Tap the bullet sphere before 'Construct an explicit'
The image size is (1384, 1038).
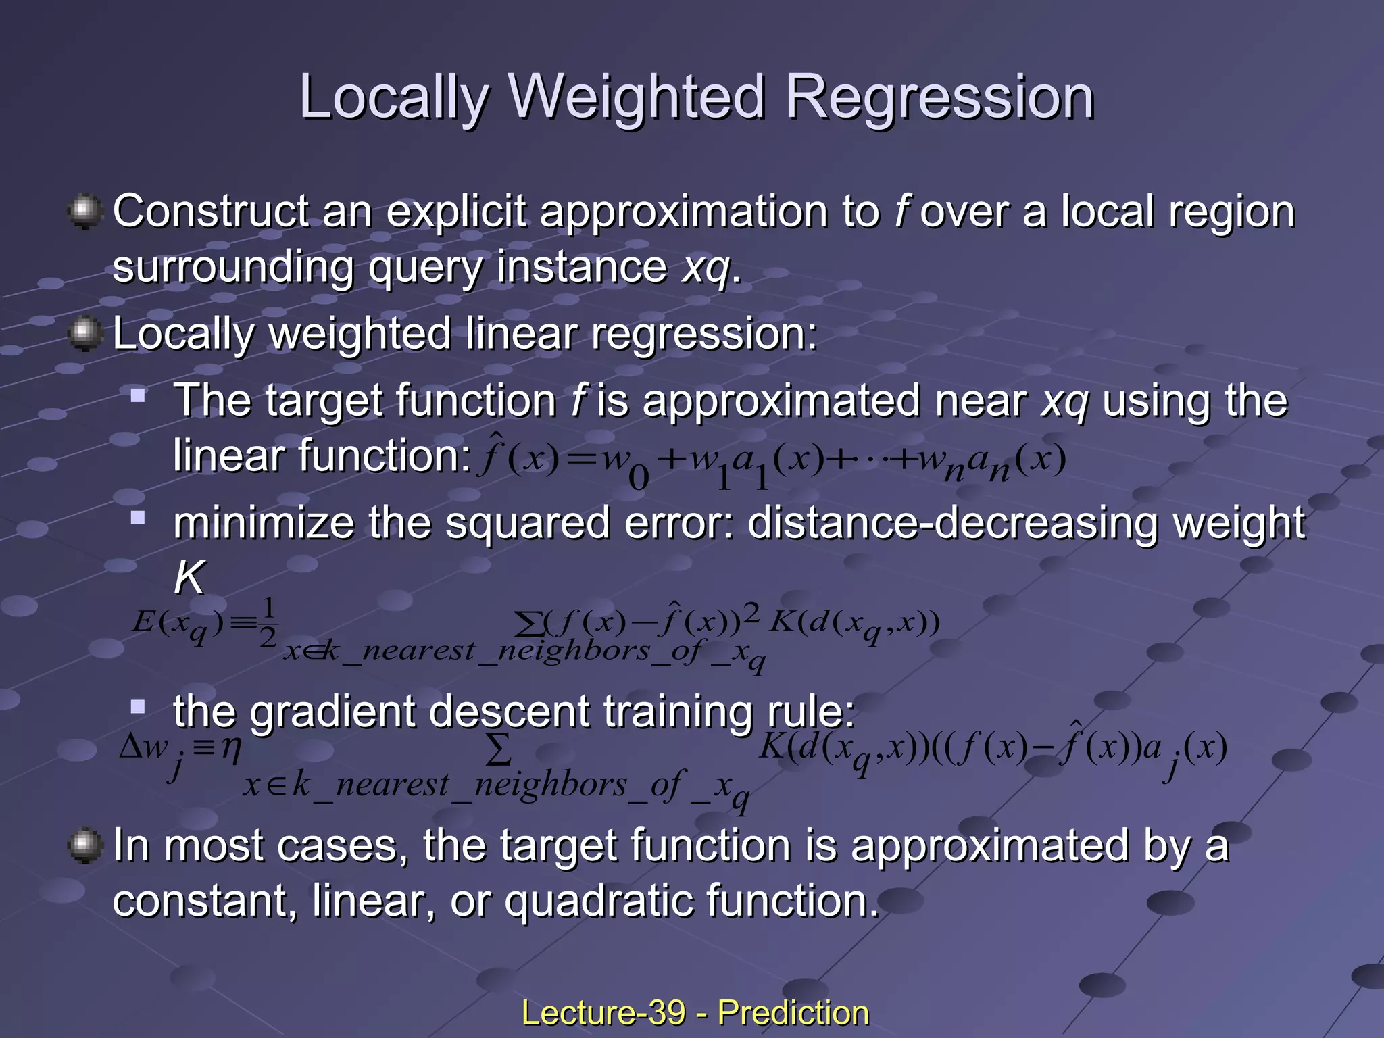click(x=85, y=212)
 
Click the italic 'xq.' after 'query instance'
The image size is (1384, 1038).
click(x=712, y=268)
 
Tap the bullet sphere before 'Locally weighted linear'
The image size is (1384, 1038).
click(x=85, y=335)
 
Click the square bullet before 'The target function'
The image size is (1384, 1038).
click(x=139, y=395)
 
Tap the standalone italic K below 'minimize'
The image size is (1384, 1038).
click(x=189, y=578)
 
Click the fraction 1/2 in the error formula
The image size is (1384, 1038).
click(x=268, y=622)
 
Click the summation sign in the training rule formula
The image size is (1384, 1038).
click(x=498, y=750)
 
